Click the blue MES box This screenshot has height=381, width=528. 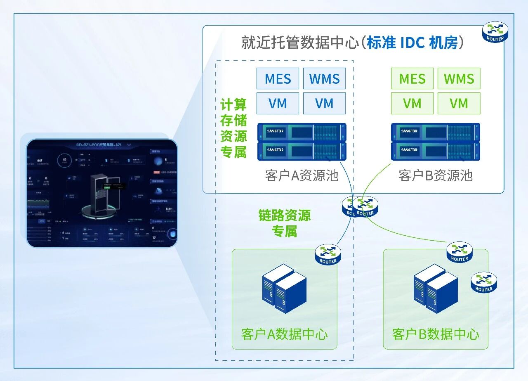pyautogui.click(x=278, y=78)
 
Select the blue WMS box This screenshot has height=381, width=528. pyautogui.click(x=324, y=78)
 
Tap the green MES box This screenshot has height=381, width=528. pyautogui.click(x=412, y=78)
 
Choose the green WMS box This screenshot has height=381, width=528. pyautogui.click(x=459, y=78)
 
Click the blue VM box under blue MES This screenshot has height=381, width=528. pyautogui.click(x=278, y=103)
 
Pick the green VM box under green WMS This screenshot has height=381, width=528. pyautogui.click(x=459, y=103)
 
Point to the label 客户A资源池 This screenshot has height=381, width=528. pyautogui.click(x=302, y=175)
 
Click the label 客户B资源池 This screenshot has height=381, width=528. pyautogui.click(x=435, y=175)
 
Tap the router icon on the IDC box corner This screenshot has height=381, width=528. pyautogui.click(x=495, y=32)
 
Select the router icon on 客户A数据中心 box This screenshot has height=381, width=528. pyautogui.click(x=328, y=254)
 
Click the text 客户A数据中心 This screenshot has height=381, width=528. pyautogui.click(x=284, y=334)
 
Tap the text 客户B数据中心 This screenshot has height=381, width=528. pyautogui.click(x=436, y=334)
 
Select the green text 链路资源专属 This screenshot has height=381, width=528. pyautogui.click(x=284, y=223)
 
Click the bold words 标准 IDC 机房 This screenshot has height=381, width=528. pyautogui.click(x=412, y=43)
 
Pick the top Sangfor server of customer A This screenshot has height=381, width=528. pyautogui.click(x=302, y=132)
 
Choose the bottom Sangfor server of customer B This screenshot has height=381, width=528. pyautogui.click(x=436, y=151)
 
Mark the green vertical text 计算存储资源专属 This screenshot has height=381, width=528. pyautogui.click(x=233, y=128)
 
